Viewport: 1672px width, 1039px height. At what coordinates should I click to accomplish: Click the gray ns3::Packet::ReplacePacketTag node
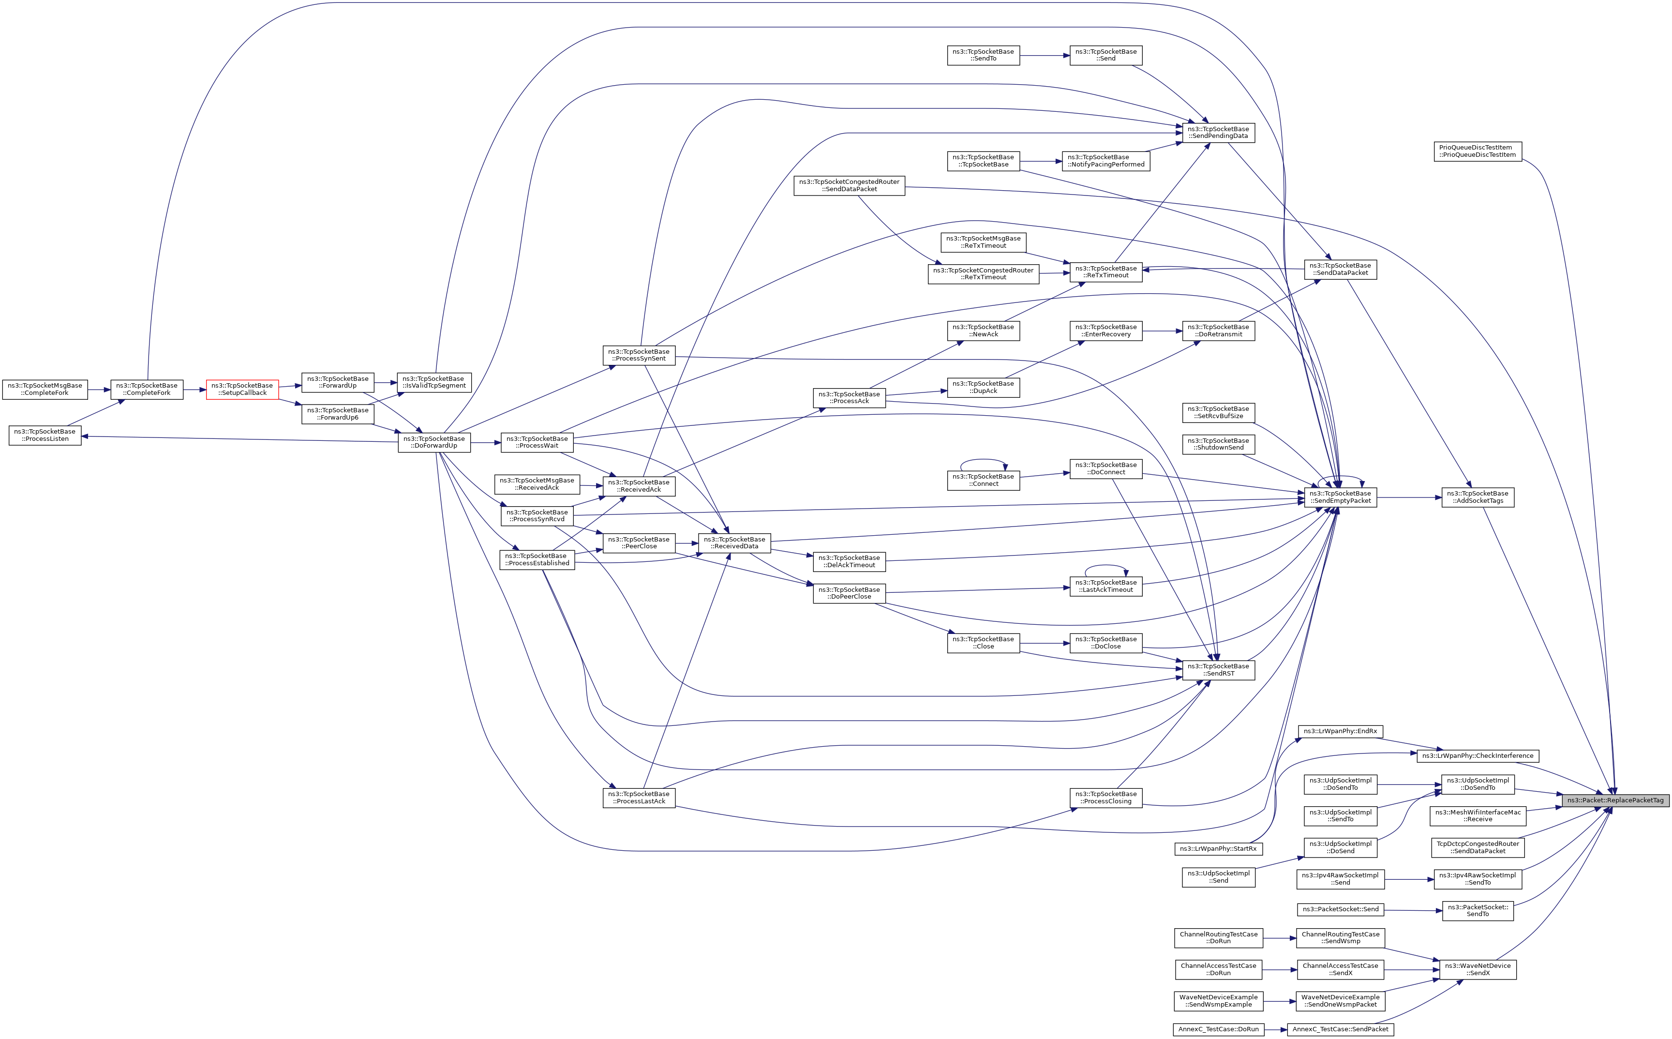[1615, 800]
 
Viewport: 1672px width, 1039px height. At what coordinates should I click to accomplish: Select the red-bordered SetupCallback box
[242, 389]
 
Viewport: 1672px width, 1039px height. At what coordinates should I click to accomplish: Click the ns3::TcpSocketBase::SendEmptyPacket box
[1340, 497]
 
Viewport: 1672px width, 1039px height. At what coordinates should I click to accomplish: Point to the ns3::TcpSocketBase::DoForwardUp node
[434, 442]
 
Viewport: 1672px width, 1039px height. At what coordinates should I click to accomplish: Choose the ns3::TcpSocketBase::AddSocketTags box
[1478, 497]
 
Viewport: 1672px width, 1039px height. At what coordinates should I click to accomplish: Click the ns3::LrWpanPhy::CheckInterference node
[1478, 756]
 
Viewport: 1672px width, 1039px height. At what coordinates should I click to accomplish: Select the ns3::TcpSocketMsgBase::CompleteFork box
[45, 389]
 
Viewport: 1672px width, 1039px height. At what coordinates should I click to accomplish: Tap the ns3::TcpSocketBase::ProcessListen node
[45, 435]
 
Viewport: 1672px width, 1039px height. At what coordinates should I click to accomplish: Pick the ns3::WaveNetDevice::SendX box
[1478, 969]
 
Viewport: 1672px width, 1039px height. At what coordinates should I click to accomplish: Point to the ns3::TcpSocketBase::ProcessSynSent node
[639, 355]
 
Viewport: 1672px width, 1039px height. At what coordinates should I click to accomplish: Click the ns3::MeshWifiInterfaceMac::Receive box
[1478, 816]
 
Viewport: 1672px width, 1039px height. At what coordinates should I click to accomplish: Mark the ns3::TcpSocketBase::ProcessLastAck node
[639, 797]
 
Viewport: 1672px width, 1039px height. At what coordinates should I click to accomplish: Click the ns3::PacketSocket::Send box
[1340, 909]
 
